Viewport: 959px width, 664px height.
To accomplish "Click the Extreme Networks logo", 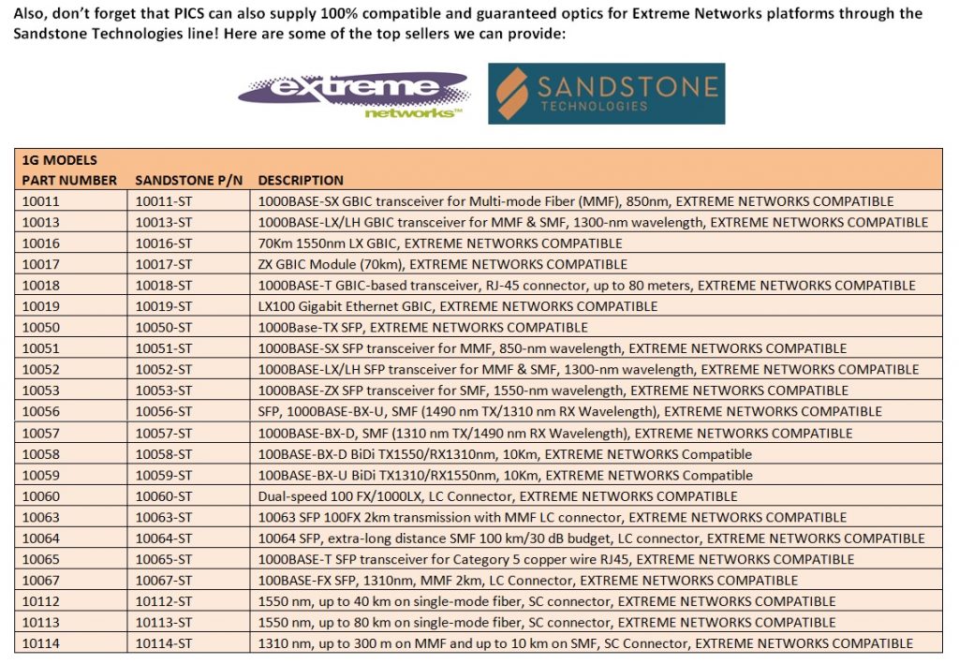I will [x=354, y=95].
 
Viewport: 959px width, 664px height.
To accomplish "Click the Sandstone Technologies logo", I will [x=606, y=94].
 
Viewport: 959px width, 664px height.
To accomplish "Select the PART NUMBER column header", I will [x=69, y=180].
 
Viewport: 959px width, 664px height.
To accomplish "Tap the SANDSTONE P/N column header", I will [x=189, y=180].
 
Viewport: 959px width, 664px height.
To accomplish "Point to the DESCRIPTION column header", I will [x=300, y=180].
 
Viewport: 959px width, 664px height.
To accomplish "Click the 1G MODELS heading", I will [x=59, y=160].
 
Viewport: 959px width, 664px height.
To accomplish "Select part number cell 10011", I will [x=40, y=201].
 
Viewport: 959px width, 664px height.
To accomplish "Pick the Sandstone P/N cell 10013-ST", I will [x=164, y=222].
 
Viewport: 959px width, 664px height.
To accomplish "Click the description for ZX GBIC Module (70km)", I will [x=442, y=264].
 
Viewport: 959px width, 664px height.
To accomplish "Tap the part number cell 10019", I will [x=40, y=306].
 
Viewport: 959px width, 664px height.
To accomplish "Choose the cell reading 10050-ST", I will [x=164, y=328].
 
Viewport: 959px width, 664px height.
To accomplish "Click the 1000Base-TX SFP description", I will [x=422, y=328].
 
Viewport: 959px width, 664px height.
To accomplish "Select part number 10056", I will [x=40, y=412].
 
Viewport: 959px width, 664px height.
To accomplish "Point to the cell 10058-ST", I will [x=164, y=454].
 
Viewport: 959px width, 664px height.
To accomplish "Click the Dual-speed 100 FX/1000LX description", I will [x=497, y=496].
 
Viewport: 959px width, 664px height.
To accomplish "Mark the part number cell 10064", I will [x=40, y=539].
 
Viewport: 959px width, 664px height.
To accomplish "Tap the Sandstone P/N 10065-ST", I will [x=164, y=559].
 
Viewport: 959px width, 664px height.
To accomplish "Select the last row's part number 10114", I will [x=40, y=643].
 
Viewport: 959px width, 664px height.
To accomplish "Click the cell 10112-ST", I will [x=164, y=601].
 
